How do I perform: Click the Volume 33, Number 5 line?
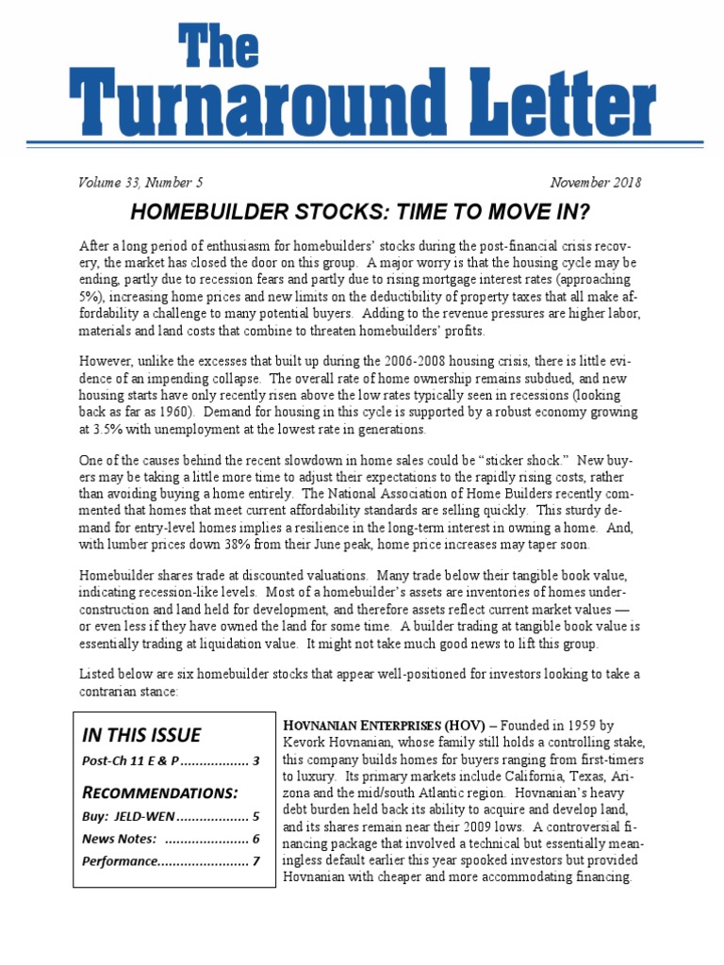pos(140,183)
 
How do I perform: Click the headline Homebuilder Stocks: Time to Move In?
pos(361,210)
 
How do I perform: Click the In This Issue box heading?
pos(141,735)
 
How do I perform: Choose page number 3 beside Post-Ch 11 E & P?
pos(255,761)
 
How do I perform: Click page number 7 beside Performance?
pos(255,860)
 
